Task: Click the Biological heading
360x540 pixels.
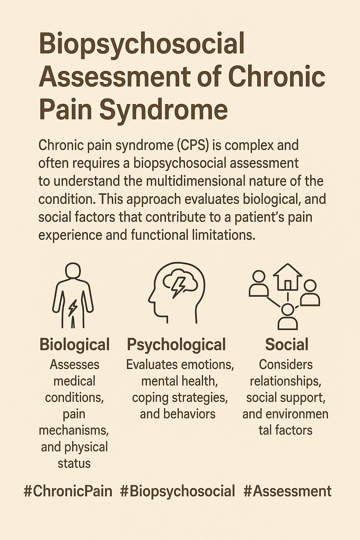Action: [x=75, y=345]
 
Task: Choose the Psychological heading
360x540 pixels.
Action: [x=176, y=345]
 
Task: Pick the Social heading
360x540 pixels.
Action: [x=287, y=345]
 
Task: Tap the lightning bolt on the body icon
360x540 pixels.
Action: [x=73, y=308]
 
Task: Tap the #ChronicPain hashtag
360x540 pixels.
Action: [x=68, y=491]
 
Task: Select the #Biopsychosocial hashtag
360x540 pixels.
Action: [x=177, y=491]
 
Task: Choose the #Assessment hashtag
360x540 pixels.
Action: [x=287, y=491]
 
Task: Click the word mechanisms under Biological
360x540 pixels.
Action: [x=74, y=430]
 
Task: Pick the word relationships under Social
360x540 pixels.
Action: [x=285, y=381]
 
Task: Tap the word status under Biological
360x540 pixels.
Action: [x=74, y=463]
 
